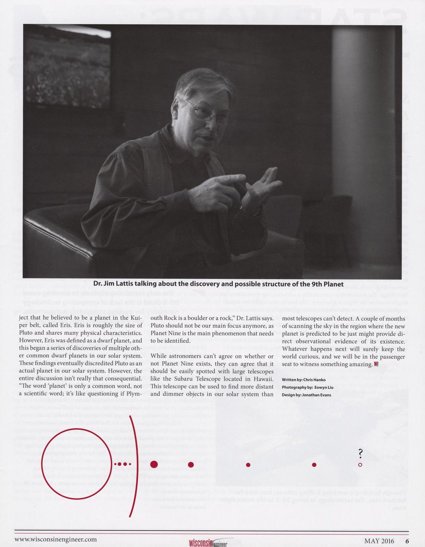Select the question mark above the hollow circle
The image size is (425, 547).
click(x=360, y=453)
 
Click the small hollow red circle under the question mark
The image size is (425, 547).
click(x=360, y=464)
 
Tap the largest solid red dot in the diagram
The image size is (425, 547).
click(x=154, y=464)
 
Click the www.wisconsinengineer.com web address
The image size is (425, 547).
click(x=56, y=539)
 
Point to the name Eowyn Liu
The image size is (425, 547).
click(x=324, y=387)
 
